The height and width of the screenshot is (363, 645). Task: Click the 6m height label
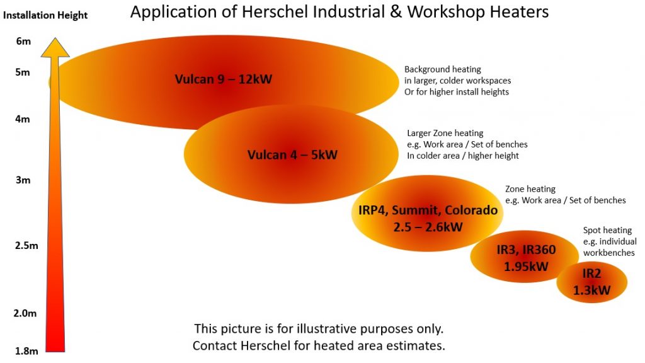pyautogui.click(x=23, y=41)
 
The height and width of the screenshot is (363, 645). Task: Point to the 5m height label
pyautogui.click(x=23, y=72)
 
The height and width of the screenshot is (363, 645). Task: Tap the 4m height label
pyautogui.click(x=23, y=119)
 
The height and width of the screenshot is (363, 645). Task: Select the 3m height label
pyautogui.click(x=23, y=180)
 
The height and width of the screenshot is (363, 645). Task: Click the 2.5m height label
pyautogui.click(x=26, y=246)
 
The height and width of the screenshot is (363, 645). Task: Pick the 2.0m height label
pyautogui.click(x=25, y=313)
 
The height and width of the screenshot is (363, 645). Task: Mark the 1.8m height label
pyautogui.click(x=26, y=351)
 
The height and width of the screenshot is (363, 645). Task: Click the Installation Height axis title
pyautogui.click(x=45, y=15)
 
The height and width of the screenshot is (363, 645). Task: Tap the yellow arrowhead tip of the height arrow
pyautogui.click(x=55, y=38)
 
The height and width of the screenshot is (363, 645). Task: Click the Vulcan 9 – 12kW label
pyautogui.click(x=224, y=79)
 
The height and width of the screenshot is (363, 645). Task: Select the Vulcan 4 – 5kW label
pyautogui.click(x=292, y=155)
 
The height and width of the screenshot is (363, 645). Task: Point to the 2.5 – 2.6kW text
pyautogui.click(x=428, y=227)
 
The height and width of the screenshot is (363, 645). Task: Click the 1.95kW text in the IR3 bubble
pyautogui.click(x=526, y=267)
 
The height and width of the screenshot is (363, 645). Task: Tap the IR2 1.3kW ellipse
pyautogui.click(x=592, y=282)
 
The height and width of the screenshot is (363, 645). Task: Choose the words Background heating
pyautogui.click(x=443, y=69)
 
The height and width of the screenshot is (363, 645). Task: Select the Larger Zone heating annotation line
pyautogui.click(x=445, y=133)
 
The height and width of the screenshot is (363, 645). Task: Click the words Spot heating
pyautogui.click(x=607, y=230)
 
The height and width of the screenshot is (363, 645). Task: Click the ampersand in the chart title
pyautogui.click(x=396, y=11)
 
